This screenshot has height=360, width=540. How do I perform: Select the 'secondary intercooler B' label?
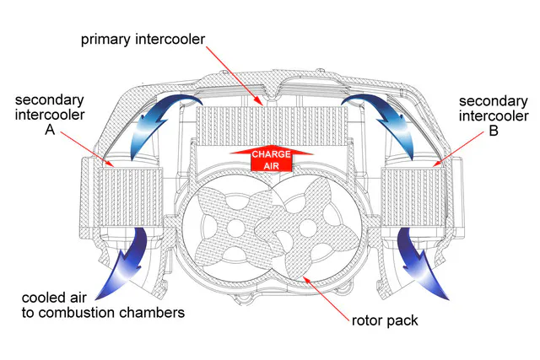pyautogui.click(x=493, y=116)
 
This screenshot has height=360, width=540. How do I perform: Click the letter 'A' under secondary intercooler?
pyautogui.click(x=50, y=131)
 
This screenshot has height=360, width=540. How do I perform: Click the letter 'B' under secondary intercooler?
pyautogui.click(x=493, y=131)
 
